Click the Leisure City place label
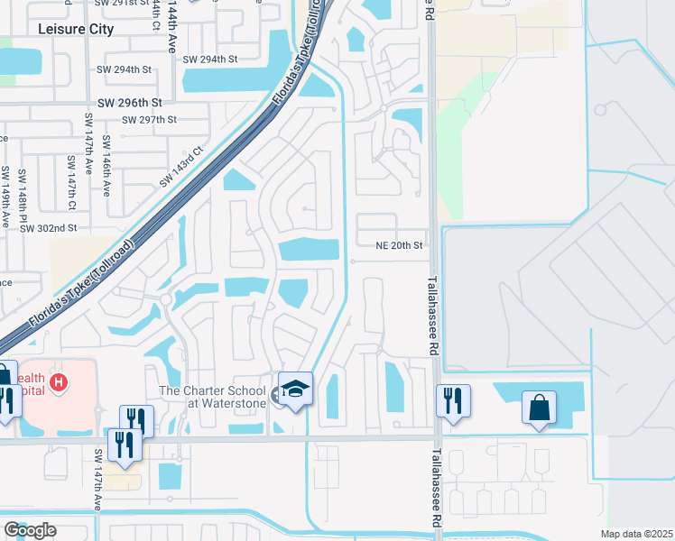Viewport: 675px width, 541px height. pyautogui.click(x=77, y=29)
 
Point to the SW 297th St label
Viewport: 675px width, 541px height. pyautogui.click(x=150, y=119)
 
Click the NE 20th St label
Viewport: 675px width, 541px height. pyautogui.click(x=399, y=245)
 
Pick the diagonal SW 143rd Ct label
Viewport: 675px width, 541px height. pyautogui.click(x=182, y=168)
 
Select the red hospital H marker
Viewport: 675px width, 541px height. pyautogui.click(x=59, y=383)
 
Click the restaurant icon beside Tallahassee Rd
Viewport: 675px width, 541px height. pyautogui.click(x=452, y=399)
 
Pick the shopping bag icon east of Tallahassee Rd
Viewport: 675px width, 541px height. pyautogui.click(x=539, y=407)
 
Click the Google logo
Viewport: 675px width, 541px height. pyautogui.click(x=30, y=530)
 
